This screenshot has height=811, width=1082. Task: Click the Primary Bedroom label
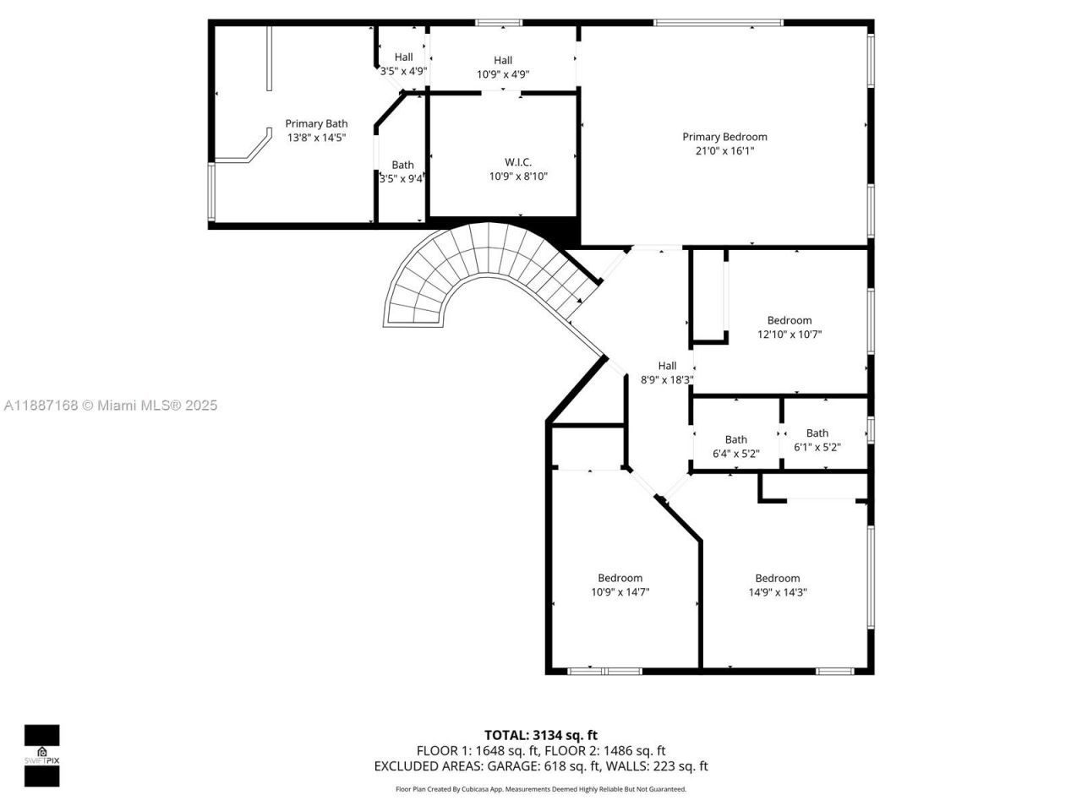[x=724, y=137]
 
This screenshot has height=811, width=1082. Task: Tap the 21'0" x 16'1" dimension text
[x=724, y=151]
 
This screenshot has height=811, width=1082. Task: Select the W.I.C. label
[x=518, y=162]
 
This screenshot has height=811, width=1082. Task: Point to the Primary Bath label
[x=316, y=123]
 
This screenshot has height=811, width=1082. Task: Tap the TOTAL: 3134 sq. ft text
[x=540, y=735]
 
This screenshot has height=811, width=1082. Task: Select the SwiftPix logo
[x=41, y=755]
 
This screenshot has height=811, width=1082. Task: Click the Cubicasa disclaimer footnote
[x=541, y=789]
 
